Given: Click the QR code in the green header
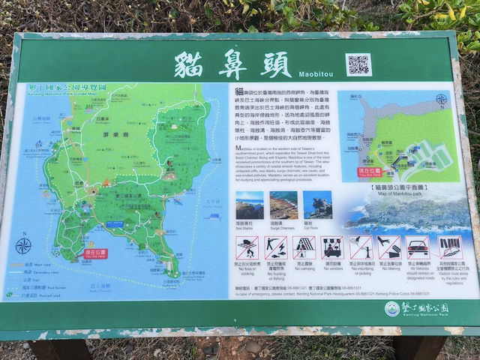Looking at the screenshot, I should click(358, 64).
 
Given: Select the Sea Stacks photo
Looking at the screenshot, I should click(250, 205).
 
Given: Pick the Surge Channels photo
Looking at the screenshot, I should click(283, 205).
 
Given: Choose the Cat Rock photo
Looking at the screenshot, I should click(317, 204).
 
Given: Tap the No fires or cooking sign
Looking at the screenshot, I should click(247, 247).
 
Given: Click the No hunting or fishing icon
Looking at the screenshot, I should click(275, 247).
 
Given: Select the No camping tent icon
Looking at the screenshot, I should click(304, 247).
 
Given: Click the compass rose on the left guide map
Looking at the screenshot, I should click(23, 245).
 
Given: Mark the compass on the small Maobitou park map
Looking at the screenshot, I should click(442, 99).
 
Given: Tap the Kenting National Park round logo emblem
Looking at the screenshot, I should click(392, 308).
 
